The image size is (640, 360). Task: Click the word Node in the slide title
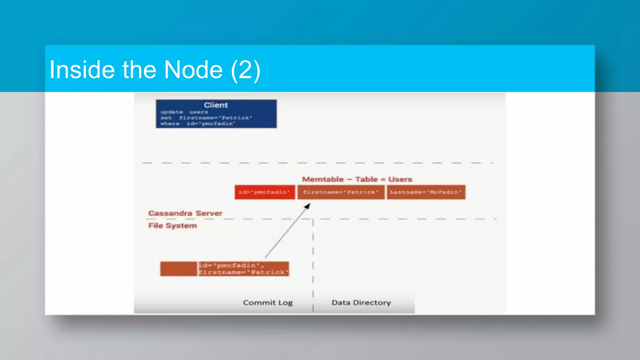tap(193, 70)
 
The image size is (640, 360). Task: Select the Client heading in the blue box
tap(216, 105)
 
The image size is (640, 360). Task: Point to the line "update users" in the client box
tap(184, 112)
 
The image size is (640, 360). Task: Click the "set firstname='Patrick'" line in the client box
tap(206, 118)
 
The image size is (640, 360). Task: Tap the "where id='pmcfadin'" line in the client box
tap(197, 124)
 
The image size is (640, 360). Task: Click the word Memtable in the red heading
tap(323, 179)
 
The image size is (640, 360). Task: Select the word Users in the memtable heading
tap(400, 179)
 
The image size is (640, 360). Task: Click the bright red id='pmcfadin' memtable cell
tap(264, 192)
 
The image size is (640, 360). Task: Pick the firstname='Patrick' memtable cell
tap(341, 192)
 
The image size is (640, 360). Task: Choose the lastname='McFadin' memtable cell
tap(426, 192)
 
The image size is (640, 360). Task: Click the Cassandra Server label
tap(185, 213)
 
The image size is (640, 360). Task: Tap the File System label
tap(172, 226)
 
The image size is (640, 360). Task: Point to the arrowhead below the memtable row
tap(307, 206)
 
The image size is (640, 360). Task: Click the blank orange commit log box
tap(178, 269)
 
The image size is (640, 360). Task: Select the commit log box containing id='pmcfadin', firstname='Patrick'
tap(243, 269)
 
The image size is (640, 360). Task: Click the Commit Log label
tap(268, 302)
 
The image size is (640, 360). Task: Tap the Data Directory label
tap(361, 302)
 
